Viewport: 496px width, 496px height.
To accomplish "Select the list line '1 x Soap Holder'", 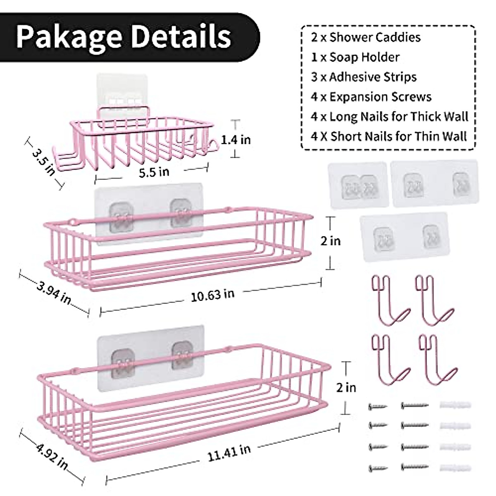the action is pos(355,57).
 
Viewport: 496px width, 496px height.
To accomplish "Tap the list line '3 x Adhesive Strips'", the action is pos(364,77).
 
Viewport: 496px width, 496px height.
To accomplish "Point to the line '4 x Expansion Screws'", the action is pos(371,97).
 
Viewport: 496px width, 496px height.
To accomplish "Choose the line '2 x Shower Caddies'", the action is pos(365,37).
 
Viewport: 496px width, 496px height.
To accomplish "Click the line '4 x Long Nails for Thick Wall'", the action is pos(389,117).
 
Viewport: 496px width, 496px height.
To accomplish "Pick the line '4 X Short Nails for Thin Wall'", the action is pos(389,136).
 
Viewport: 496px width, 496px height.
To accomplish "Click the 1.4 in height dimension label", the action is pos(236,139).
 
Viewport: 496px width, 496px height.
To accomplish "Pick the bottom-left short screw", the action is pos(377,468).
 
